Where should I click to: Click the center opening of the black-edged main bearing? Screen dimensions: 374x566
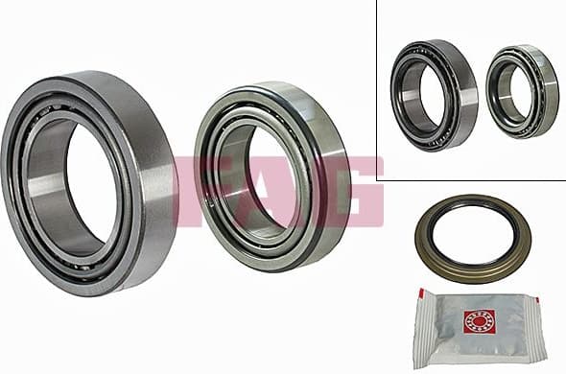click(264, 177)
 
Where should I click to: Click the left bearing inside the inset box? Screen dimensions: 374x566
click(435, 94)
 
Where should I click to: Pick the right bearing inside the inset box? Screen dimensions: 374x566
click(521, 90)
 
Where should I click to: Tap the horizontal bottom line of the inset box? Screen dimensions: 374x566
click(470, 180)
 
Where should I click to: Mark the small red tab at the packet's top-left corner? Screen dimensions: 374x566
click(418, 291)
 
